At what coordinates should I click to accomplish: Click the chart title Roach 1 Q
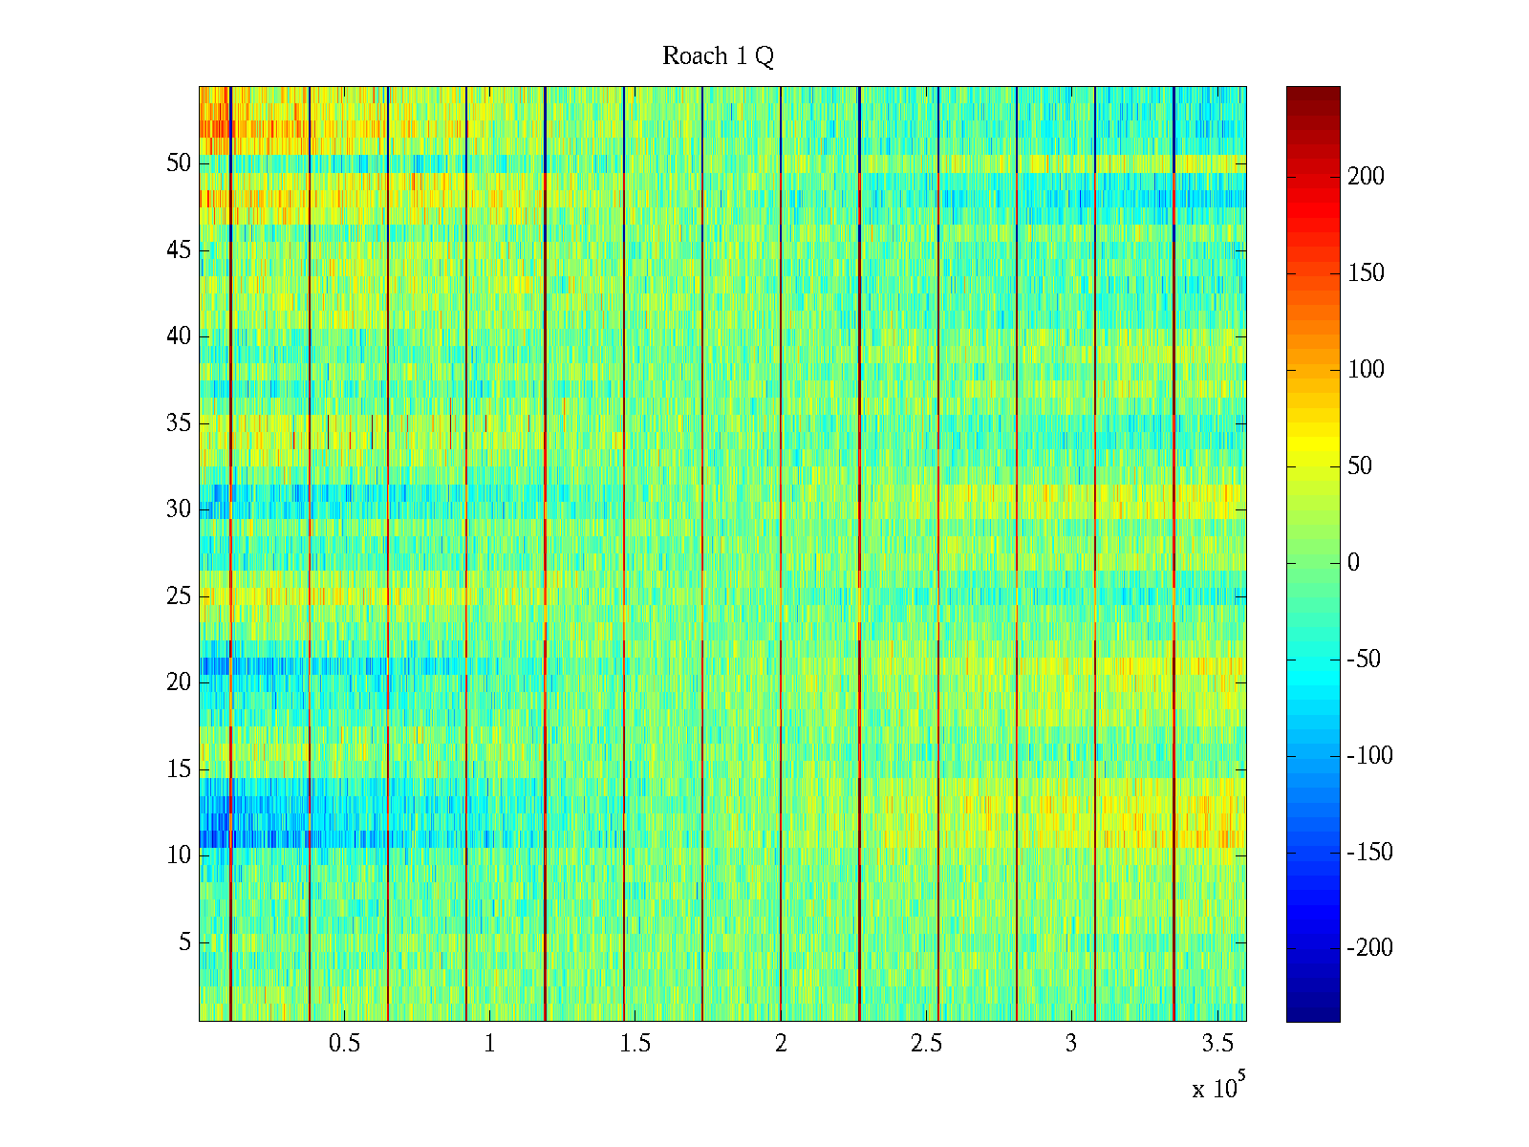(x=718, y=57)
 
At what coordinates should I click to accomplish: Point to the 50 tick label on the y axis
(x=179, y=163)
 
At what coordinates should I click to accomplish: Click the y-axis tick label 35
(x=179, y=422)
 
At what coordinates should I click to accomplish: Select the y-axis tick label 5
(x=184, y=942)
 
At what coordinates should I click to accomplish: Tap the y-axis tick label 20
(x=179, y=682)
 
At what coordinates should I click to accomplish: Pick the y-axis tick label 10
(x=179, y=855)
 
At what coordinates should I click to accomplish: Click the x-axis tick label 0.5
(x=344, y=1044)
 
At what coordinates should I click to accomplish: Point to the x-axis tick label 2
(x=781, y=1044)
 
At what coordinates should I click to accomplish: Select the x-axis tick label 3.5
(x=1217, y=1044)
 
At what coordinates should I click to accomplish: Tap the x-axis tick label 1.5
(x=635, y=1044)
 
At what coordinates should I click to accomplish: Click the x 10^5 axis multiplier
(x=1218, y=1088)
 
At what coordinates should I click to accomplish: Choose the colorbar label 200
(x=1366, y=176)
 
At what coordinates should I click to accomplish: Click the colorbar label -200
(x=1369, y=948)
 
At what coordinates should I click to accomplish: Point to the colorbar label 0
(x=1353, y=562)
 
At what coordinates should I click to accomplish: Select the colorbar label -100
(x=1369, y=755)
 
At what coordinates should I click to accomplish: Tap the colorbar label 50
(x=1360, y=465)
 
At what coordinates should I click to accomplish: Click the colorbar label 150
(x=1366, y=272)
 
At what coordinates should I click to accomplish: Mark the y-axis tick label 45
(x=179, y=250)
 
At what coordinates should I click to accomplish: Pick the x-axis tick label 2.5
(x=926, y=1044)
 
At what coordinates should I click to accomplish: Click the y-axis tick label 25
(x=179, y=596)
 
